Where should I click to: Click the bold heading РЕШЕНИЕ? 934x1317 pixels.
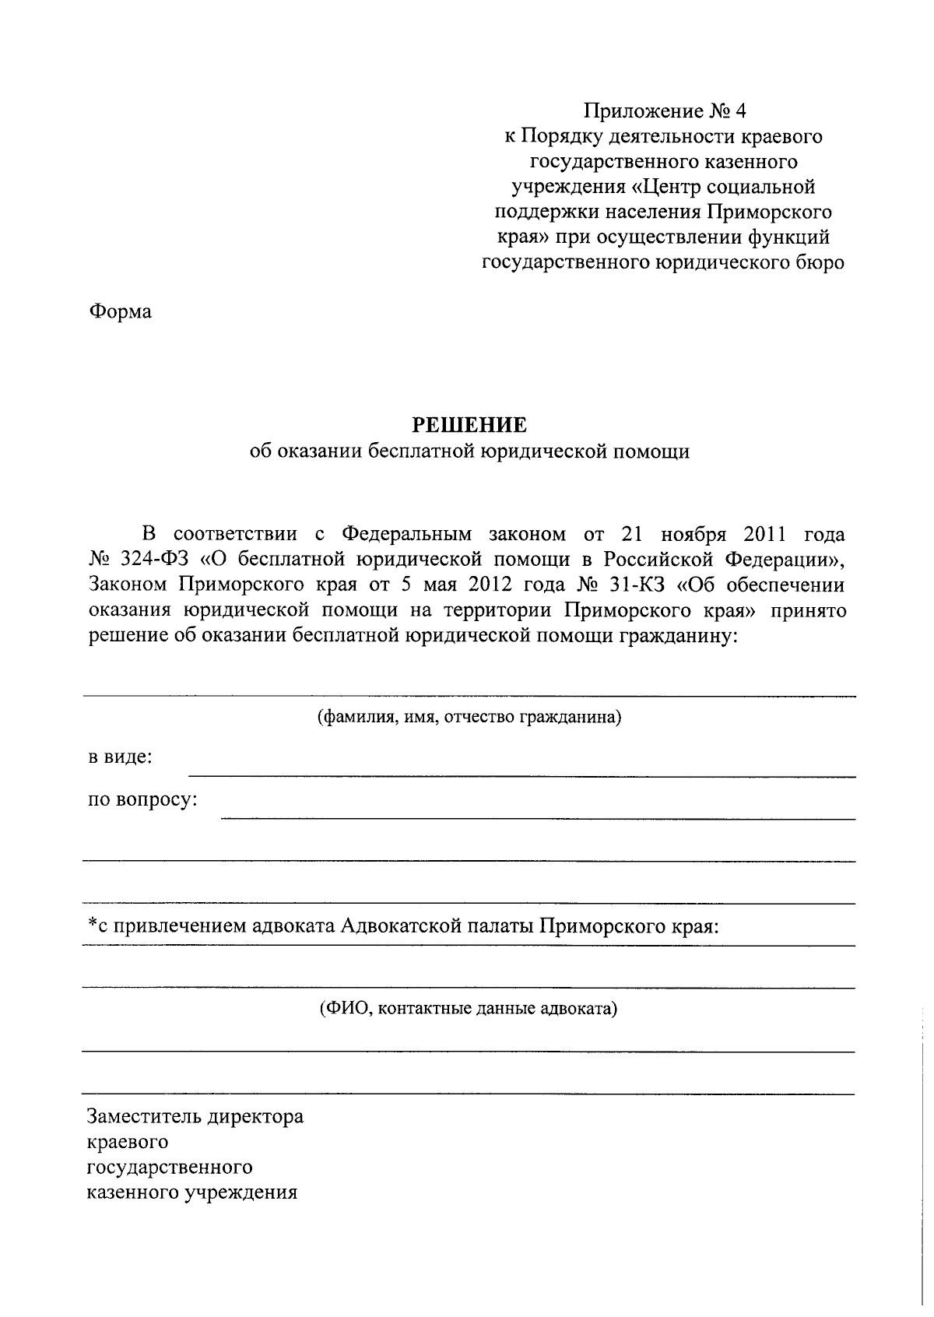pyautogui.click(x=469, y=425)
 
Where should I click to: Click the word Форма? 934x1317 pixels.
pyautogui.click(x=120, y=313)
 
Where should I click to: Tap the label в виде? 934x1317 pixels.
pyautogui.click(x=119, y=757)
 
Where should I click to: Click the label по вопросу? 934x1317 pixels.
pyautogui.click(x=142, y=799)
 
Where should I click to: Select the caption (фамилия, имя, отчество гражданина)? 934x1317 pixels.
pyautogui.click(x=469, y=717)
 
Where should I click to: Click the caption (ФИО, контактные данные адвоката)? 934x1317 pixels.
pyautogui.click(x=469, y=1009)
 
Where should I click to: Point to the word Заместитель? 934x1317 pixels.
pyautogui.click(x=144, y=1118)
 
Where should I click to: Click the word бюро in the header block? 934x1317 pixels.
pyautogui.click(x=818, y=263)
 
